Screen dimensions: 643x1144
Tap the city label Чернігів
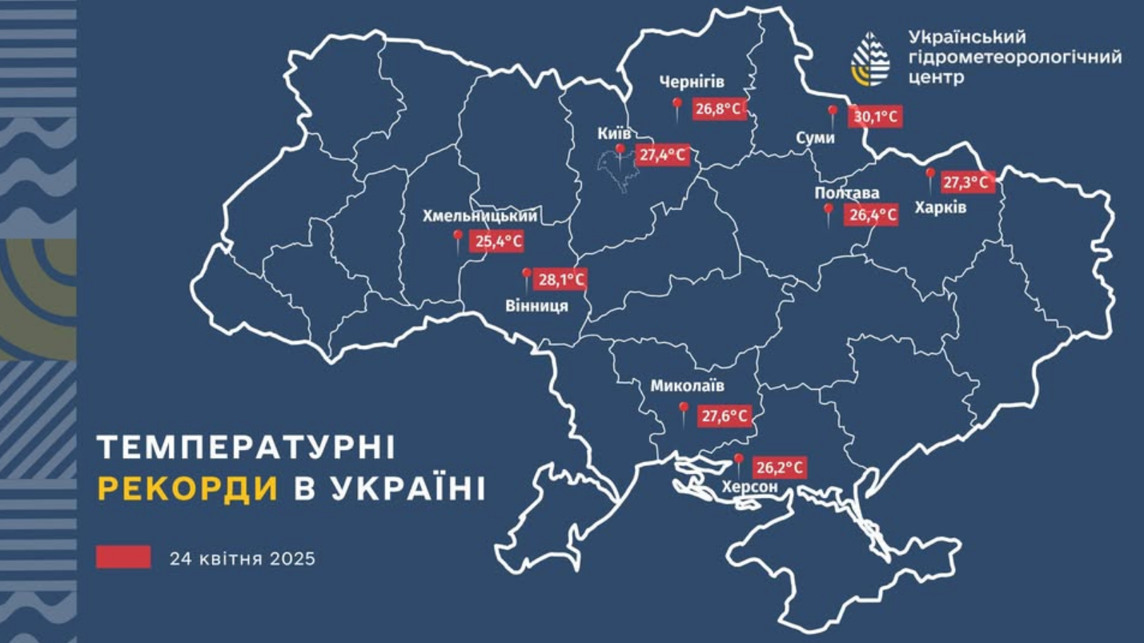692,82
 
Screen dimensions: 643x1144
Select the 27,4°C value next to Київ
662,155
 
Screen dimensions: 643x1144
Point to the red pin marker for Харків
929,176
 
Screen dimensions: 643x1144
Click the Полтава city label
846,193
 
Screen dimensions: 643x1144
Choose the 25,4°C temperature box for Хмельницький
496,241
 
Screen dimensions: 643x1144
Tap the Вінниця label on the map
536,306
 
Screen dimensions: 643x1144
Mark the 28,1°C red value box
560,280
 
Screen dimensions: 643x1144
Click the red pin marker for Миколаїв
683,411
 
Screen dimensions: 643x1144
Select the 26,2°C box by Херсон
779,468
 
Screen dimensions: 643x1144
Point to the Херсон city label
749,487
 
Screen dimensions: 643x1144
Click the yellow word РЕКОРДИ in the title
188,488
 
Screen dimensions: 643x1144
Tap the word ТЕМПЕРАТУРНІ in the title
246,448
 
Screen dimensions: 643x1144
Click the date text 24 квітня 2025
242,558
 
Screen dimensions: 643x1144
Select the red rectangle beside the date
123,557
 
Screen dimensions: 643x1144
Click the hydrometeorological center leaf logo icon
870,58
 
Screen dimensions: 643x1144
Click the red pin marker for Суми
832,115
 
